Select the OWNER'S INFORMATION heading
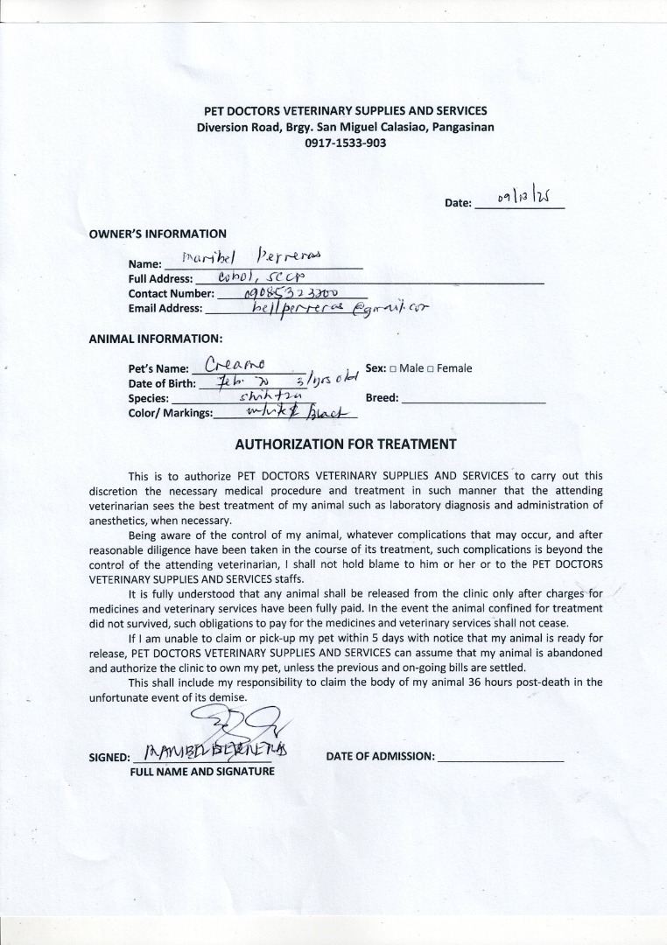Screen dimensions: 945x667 pyautogui.click(x=158, y=234)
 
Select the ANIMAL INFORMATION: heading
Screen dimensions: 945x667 pyautogui.click(x=156, y=338)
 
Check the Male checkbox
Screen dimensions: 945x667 pyautogui.click(x=393, y=369)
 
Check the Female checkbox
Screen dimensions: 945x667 pyautogui.click(x=431, y=369)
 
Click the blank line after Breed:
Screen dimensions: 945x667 pyautogui.click(x=473, y=399)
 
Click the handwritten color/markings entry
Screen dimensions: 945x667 pyautogui.click(x=284, y=412)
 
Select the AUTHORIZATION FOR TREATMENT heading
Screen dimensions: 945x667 pyautogui.click(x=346, y=444)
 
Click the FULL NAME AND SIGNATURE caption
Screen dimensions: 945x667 pyautogui.click(x=202, y=772)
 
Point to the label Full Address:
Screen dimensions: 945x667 pyautogui.click(x=160, y=279)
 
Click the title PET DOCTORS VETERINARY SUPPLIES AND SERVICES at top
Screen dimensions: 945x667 pyautogui.click(x=345, y=111)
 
